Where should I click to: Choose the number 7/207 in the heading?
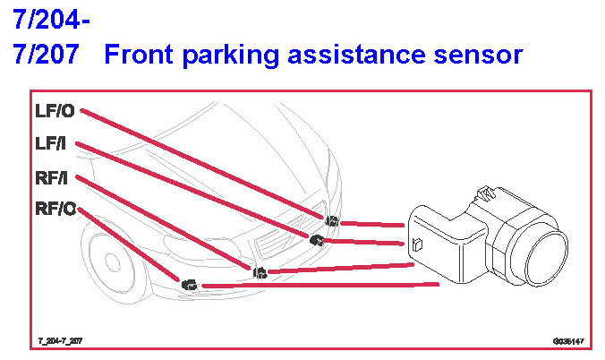[46, 55]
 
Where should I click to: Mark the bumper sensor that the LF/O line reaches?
[331, 220]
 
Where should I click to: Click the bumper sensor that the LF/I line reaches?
[316, 239]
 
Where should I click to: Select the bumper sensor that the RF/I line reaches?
[259, 271]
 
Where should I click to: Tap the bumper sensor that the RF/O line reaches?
[189, 285]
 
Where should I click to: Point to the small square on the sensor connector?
[417, 244]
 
